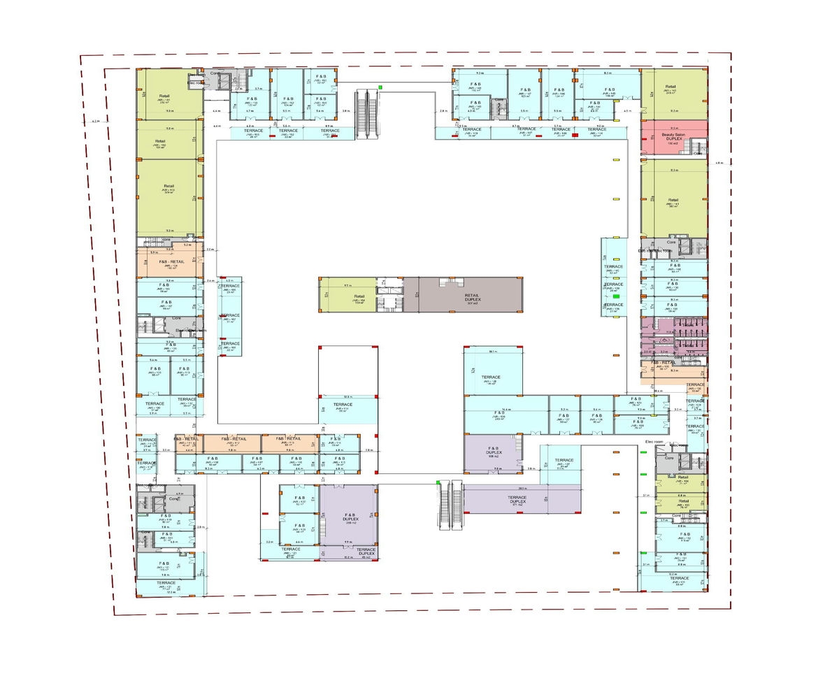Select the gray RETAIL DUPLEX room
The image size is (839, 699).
(472, 297)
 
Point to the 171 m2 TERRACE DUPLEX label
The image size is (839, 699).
(517, 500)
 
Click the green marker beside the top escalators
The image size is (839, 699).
(380, 87)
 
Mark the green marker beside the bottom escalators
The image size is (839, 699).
(438, 482)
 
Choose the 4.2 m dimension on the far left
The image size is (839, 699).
(95, 122)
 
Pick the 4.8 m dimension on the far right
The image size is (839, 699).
(719, 163)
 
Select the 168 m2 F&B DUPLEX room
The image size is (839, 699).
(492, 453)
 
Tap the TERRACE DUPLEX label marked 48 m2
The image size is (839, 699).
(366, 552)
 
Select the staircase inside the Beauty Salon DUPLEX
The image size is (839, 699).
(696, 147)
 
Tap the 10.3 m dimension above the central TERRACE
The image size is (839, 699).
(347, 397)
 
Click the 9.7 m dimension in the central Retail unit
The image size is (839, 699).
(347, 286)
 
